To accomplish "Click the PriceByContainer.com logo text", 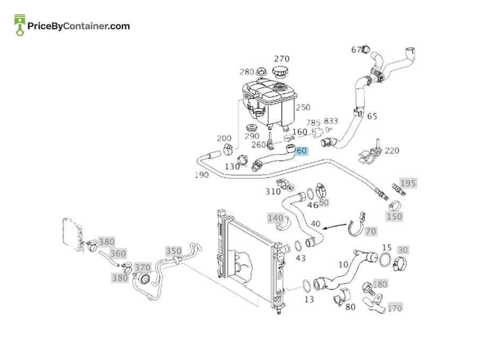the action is point(79,26).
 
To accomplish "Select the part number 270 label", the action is point(281,58).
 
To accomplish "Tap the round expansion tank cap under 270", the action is point(280,72).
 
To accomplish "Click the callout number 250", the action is point(303,107).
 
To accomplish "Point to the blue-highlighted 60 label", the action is point(302,151).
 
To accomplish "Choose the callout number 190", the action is point(202,175).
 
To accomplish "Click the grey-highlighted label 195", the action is point(408,183).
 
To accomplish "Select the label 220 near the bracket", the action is point(392,151).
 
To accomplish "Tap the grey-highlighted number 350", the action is point(174,251).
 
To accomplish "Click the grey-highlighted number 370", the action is point(143,268).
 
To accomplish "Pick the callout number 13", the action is point(309,299).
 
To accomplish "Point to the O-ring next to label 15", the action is point(385,260).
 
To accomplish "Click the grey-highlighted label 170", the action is point(395,307).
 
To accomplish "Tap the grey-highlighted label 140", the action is point(276,218).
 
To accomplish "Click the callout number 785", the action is point(313,123).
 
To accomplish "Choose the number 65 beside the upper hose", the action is point(372,116).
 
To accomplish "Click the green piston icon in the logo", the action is point(20,25).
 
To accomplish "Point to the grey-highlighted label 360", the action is point(118,253).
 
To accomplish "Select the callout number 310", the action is point(273,192).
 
